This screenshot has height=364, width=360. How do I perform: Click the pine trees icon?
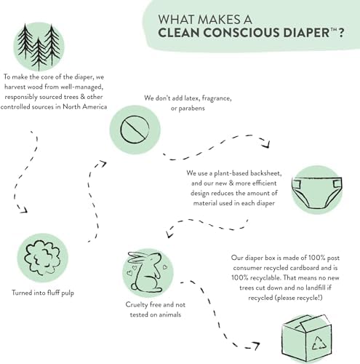click(x=39, y=47)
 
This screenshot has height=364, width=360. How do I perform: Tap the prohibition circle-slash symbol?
click(x=135, y=130)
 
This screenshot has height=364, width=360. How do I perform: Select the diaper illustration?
click(x=316, y=191)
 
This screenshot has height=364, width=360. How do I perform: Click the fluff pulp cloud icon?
click(x=42, y=258)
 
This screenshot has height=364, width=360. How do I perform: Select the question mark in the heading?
click(x=340, y=33)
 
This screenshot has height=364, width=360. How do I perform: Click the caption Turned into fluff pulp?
click(x=43, y=293)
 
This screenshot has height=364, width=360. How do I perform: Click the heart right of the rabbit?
click(x=165, y=266)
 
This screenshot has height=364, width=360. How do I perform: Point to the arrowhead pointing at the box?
click(x=256, y=346)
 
